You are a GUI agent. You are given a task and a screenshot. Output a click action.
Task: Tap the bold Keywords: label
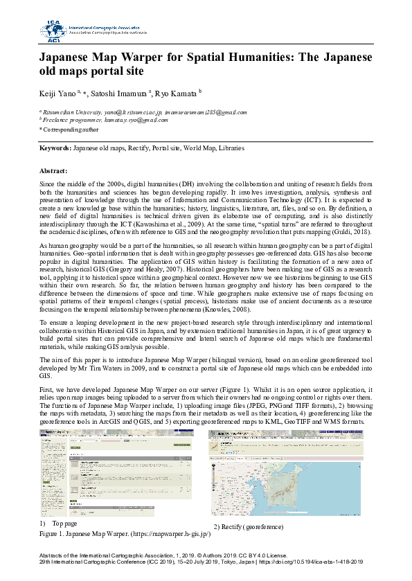(x=55, y=148)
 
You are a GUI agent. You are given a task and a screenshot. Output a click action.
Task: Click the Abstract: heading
(x=53, y=170)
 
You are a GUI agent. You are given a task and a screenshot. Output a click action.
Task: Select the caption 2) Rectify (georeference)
(x=248, y=528)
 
